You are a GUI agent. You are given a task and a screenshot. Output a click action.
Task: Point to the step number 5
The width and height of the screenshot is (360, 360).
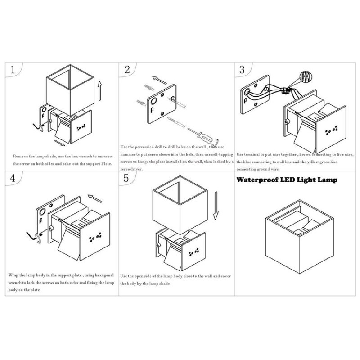[x=126, y=177]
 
